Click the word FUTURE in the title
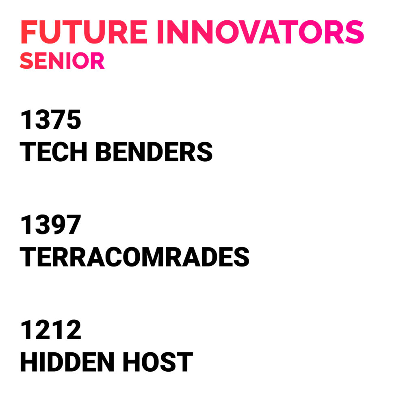pos(84,32)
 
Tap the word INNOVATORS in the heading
pos(260,32)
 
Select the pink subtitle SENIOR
pos(62,61)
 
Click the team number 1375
pos(50,120)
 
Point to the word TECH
pos(53,152)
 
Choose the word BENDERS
pos(154,152)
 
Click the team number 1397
pos(50,225)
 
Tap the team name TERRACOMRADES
pos(134,257)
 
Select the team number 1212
pos(50,330)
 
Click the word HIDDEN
pos(67,362)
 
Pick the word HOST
pos(158,362)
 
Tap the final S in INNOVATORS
pos(354,32)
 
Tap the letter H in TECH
pos(78,152)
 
